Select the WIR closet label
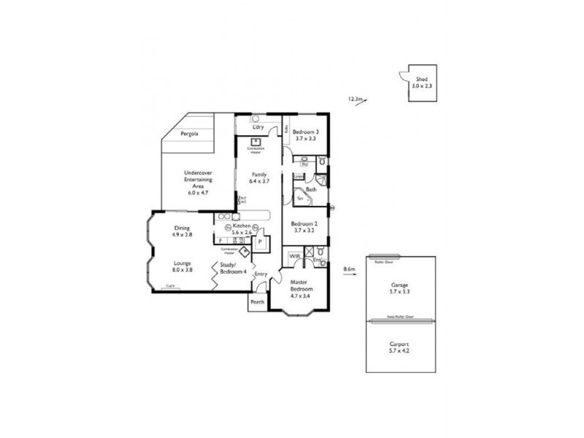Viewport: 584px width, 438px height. pos(294,257)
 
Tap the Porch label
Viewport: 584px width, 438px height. pos(257,301)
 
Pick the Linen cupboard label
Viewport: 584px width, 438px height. pos(298,177)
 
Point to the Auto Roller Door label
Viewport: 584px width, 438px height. pos(399,318)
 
